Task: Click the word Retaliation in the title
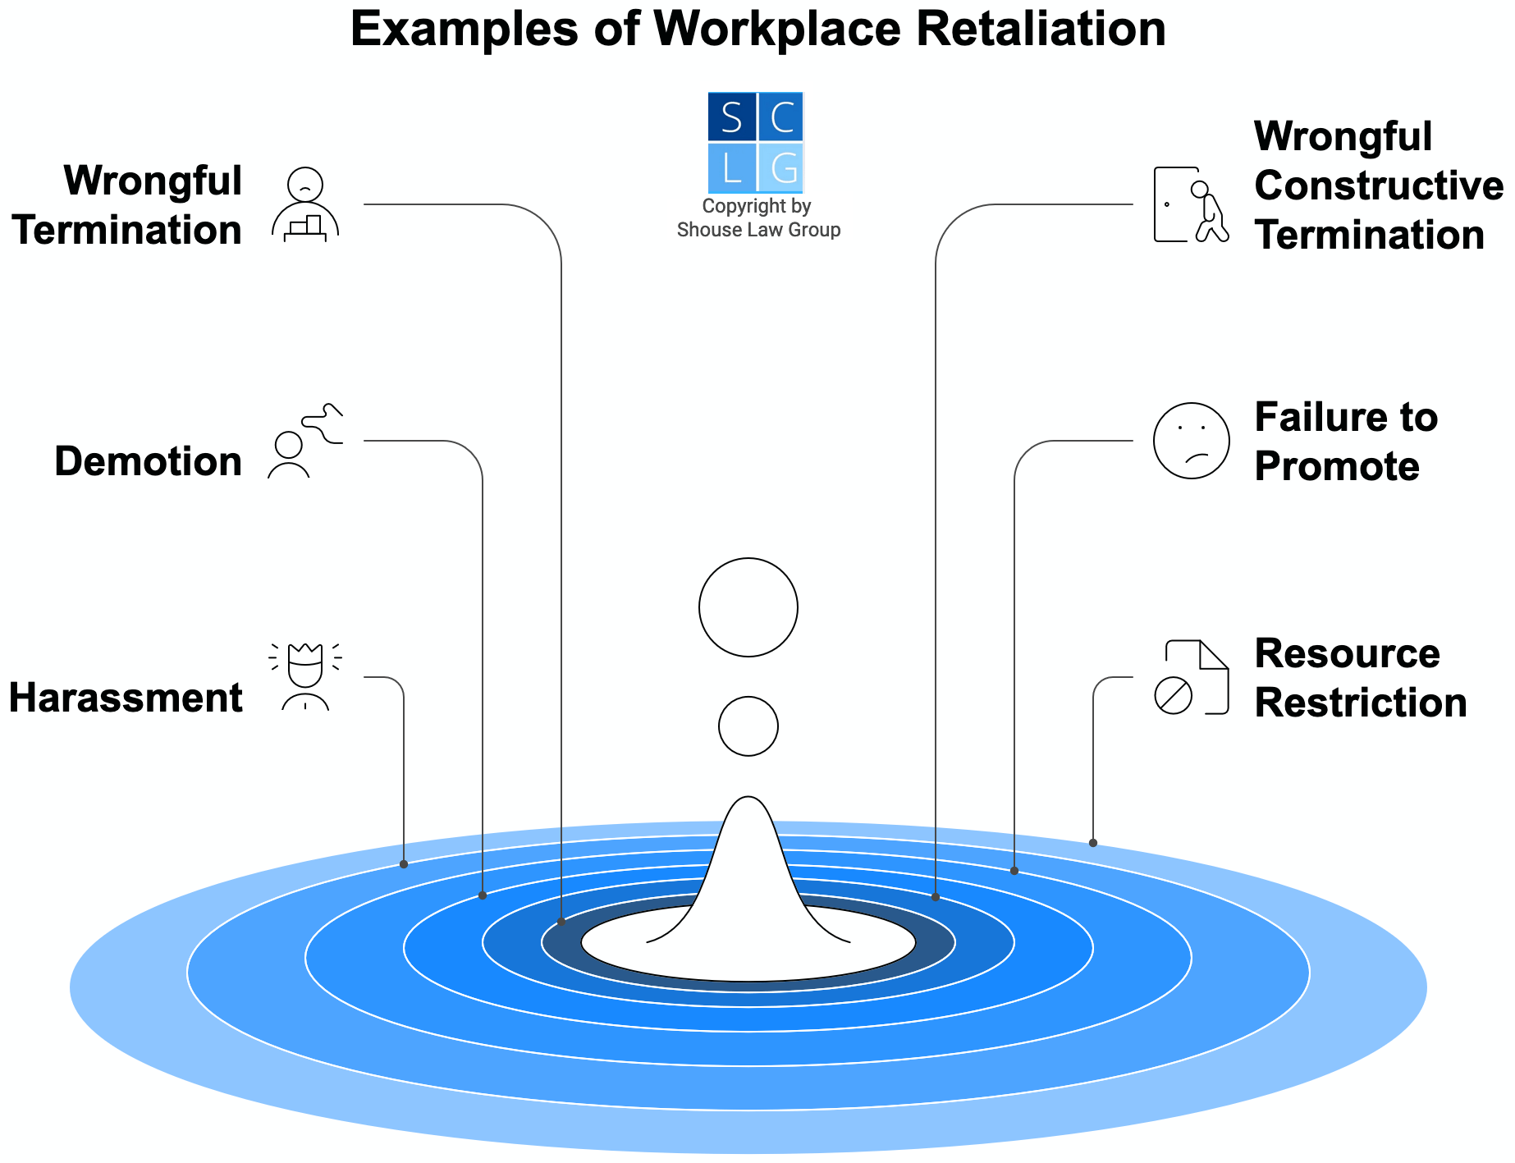1041,30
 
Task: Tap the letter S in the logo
731,117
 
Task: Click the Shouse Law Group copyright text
757,218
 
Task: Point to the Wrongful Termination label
128,205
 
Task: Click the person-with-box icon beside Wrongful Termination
305,205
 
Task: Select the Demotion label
149,461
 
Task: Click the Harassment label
126,698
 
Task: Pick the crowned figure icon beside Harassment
305,676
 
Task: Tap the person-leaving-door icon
1190,205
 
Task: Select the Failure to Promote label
1346,442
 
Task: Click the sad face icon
1191,441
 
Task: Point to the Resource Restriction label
1360,678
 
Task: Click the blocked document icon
1191,677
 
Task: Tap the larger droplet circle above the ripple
748,607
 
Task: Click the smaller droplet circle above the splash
748,726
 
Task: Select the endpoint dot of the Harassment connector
404,864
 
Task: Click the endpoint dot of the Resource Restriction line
1093,843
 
